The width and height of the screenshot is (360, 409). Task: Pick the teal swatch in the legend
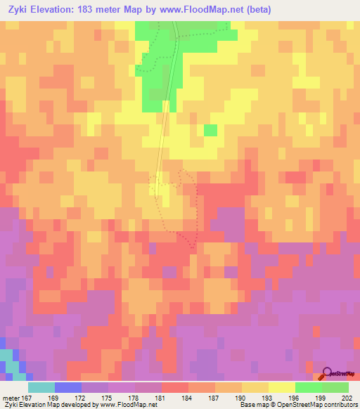41,387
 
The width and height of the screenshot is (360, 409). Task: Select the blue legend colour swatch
68,387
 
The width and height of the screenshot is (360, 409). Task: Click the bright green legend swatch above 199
308,387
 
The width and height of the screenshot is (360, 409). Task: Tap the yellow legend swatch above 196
281,387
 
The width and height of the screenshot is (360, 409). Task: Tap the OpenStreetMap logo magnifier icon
327,373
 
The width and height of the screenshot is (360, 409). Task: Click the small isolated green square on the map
210,130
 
